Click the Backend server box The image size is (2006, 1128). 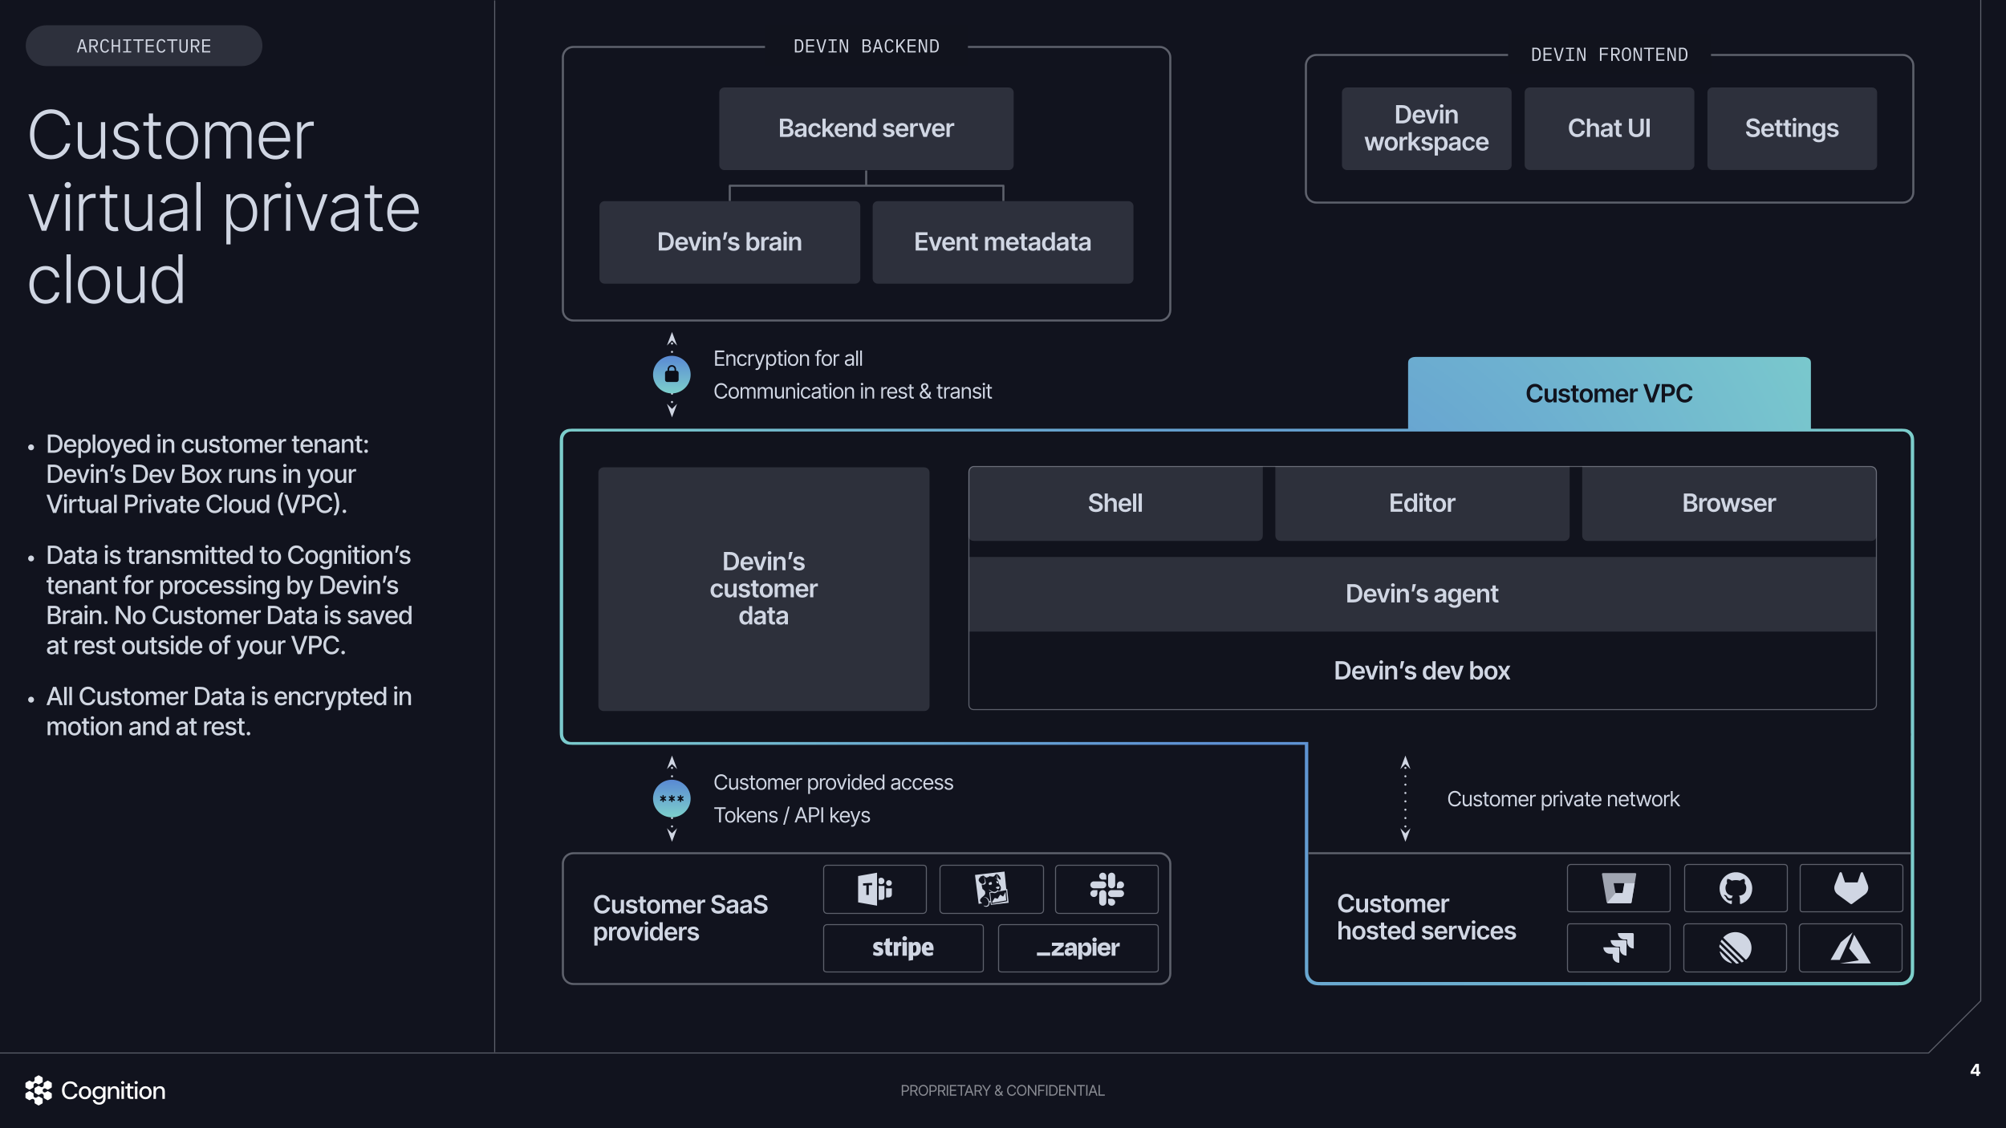866,128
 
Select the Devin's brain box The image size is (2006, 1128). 729,242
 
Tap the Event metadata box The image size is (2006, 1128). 1002,242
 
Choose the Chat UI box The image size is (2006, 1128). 1609,128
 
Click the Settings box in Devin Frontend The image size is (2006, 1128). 1791,128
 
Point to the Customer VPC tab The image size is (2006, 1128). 1609,393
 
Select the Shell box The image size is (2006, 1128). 1115,503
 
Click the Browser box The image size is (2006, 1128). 1728,503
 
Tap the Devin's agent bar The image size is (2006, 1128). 1421,594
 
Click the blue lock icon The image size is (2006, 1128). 672,375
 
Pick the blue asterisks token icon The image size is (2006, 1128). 672,799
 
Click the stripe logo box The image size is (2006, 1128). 903,947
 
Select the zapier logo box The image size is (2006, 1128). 1078,947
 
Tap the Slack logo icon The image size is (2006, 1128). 1107,889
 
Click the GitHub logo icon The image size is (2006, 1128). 1735,888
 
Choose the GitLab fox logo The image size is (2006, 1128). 1850,888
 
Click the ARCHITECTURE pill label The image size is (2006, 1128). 144,47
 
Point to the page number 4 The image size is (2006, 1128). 1975,1070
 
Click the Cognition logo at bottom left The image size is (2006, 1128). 95,1090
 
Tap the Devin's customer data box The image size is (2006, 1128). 763,589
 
